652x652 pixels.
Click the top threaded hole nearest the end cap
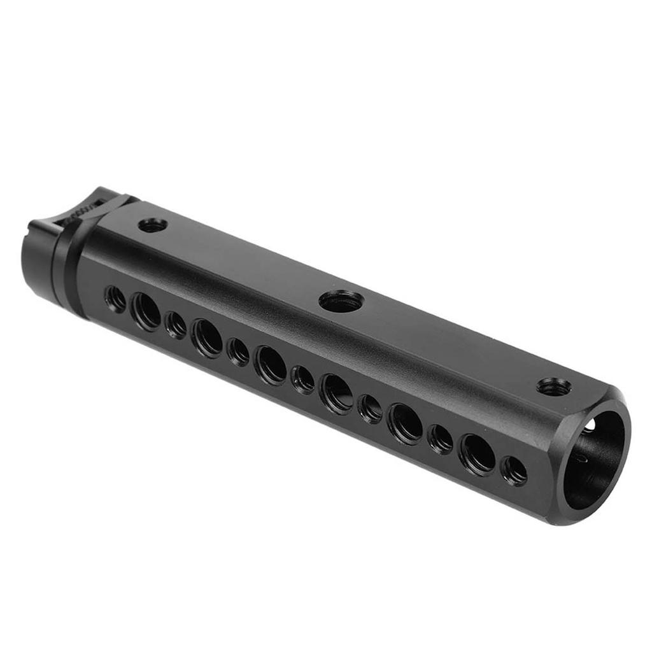click(x=152, y=225)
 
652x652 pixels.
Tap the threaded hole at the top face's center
click(x=341, y=301)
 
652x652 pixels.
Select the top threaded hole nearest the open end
click(x=553, y=386)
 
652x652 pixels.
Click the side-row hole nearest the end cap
click(x=115, y=299)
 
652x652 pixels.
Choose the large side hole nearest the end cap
click(x=146, y=311)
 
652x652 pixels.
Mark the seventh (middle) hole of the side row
click(x=302, y=379)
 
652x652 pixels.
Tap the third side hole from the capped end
click(x=175, y=325)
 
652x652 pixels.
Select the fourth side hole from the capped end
click(x=207, y=337)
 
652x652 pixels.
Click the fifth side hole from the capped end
click(x=238, y=351)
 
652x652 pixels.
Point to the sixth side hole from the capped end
click(x=271, y=365)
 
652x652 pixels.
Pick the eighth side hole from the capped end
click(x=336, y=393)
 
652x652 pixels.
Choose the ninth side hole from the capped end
click(x=369, y=408)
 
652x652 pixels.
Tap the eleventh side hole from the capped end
click(x=440, y=439)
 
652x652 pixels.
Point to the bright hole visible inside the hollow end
click(x=590, y=425)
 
